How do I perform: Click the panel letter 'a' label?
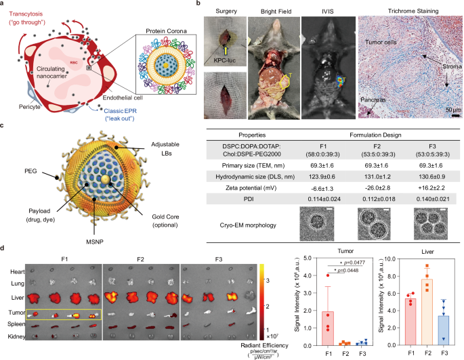[5, 5]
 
